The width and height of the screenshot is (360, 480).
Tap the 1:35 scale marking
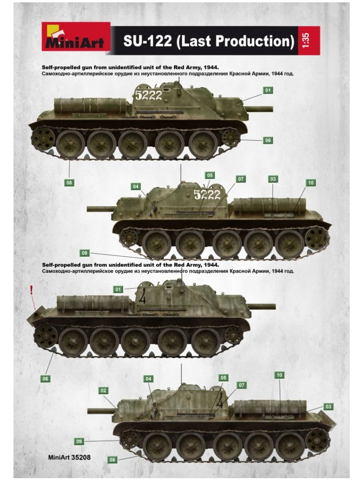306,40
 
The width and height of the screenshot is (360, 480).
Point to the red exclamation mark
31,289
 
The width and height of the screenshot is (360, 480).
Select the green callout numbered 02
104,390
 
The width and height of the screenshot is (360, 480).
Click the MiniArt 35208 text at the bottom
69,457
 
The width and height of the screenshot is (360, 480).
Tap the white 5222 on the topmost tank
149,95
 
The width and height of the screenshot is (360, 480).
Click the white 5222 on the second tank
207,194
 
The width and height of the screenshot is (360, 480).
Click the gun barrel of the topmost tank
259,109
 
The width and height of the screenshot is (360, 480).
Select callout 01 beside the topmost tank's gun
268,90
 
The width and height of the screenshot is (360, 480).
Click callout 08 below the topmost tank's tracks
69,183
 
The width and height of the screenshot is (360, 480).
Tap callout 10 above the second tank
311,183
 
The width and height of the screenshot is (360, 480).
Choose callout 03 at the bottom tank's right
328,407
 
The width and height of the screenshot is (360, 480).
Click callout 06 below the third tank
46,379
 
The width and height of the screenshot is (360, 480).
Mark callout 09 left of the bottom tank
79,441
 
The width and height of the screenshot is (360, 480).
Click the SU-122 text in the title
148,41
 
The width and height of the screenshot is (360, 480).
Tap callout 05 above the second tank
209,175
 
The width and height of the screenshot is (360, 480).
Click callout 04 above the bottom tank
148,379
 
